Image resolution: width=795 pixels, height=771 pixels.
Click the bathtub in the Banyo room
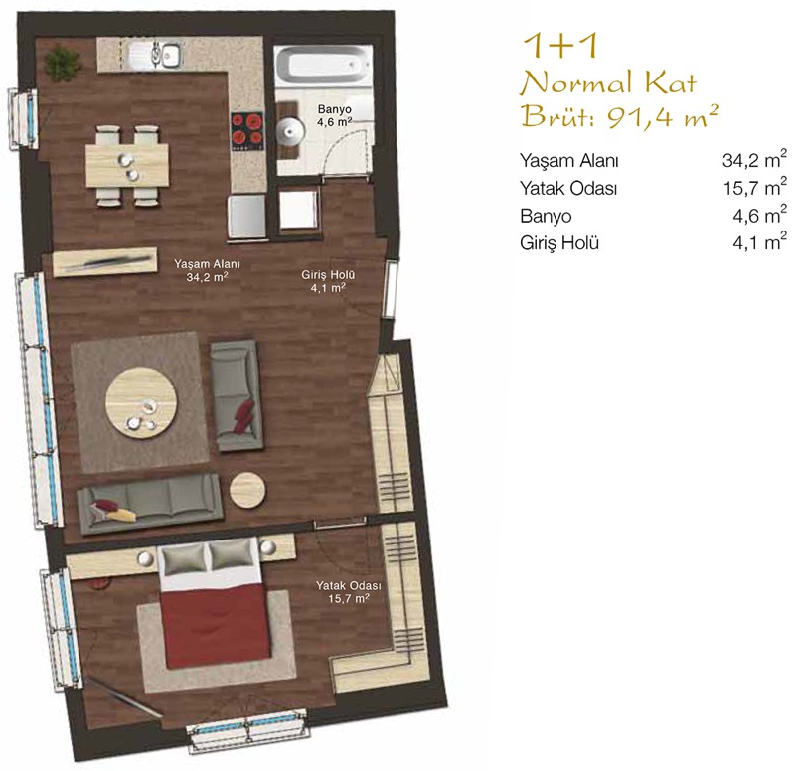point(324,65)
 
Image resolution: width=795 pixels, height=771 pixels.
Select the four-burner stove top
point(247,130)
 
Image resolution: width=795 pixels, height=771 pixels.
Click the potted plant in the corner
point(63,64)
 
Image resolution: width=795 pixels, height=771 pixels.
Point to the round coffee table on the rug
point(141,403)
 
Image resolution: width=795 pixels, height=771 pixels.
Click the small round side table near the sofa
point(247,491)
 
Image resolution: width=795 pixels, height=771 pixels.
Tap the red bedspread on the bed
point(215,628)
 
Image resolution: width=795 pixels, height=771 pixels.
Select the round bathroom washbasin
point(290,131)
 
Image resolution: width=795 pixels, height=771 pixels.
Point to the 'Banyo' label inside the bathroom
point(335,109)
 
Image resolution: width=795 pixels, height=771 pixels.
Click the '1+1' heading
point(560,45)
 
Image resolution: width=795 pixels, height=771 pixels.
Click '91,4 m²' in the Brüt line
point(663,117)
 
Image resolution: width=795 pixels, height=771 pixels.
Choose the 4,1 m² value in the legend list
point(759,241)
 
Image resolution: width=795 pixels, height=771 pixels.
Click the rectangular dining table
point(127,165)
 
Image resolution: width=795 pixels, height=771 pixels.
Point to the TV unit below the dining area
point(105,261)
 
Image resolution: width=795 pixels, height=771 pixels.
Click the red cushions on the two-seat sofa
point(243,416)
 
